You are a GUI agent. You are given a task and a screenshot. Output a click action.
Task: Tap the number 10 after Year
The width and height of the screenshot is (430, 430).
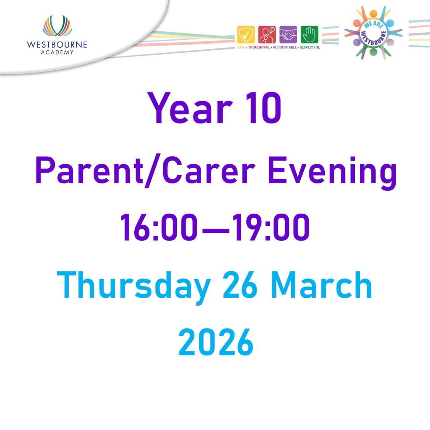(263, 109)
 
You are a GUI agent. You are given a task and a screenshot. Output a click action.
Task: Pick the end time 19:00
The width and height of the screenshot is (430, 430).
(271, 227)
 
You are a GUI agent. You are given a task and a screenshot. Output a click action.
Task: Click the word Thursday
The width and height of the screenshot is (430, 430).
(134, 286)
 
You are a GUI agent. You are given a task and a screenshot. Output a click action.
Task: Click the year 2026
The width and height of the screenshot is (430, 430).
(216, 343)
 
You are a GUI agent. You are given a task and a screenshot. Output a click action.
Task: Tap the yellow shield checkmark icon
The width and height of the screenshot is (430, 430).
(246, 35)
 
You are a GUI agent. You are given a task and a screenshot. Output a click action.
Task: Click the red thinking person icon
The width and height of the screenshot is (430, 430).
(267, 35)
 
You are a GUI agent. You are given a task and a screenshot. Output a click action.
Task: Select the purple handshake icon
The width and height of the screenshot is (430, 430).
(288, 35)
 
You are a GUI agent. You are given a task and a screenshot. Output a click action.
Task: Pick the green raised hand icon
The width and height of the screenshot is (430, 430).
(309, 35)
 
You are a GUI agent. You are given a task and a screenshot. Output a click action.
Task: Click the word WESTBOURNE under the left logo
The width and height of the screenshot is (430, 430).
(57, 45)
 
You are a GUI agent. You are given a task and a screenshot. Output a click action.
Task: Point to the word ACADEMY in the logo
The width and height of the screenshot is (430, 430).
(57, 52)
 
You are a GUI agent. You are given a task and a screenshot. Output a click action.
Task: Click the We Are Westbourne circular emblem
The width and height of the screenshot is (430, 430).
(373, 33)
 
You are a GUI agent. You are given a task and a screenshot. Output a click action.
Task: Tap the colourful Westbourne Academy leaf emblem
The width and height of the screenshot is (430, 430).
(57, 26)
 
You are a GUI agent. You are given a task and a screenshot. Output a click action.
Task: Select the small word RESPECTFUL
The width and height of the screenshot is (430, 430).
(309, 47)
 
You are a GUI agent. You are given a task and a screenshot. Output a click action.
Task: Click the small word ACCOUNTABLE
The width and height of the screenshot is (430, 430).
(285, 47)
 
